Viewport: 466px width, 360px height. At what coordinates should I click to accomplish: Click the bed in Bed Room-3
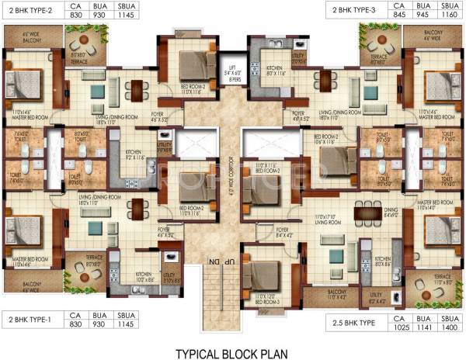pyautogui.click(x=264, y=272)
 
